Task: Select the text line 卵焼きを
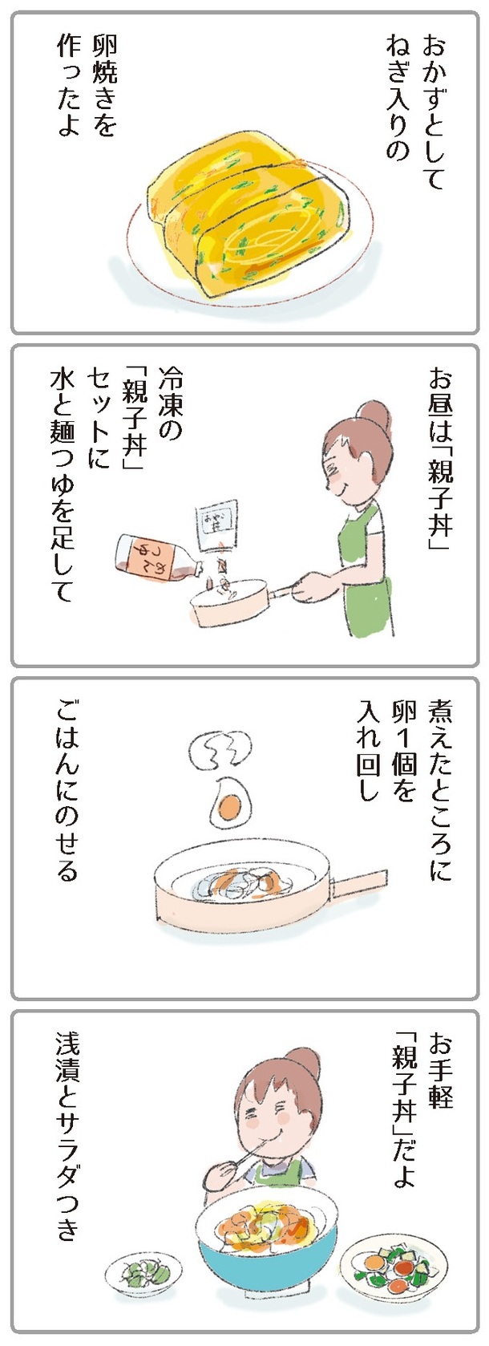(102, 87)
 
